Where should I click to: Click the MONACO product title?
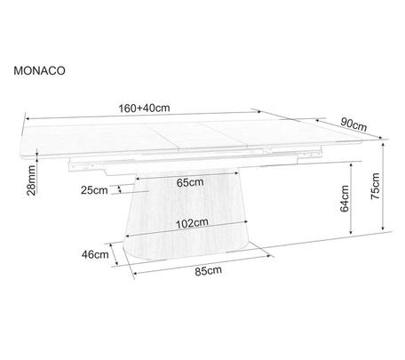click(x=39, y=71)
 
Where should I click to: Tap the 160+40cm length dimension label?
click(x=144, y=108)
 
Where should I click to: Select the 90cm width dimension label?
click(x=353, y=124)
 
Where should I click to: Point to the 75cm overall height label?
click(x=375, y=186)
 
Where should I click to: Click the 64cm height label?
click(x=345, y=198)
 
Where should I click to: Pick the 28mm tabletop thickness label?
click(x=31, y=180)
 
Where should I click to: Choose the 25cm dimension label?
click(x=94, y=190)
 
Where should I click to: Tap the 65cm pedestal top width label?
click(x=190, y=182)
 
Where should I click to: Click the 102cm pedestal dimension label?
click(x=192, y=223)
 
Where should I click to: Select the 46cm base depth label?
click(x=95, y=254)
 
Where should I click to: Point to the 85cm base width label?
click(x=208, y=270)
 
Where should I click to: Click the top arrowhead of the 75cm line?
click(x=384, y=145)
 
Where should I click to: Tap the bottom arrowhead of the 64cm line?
click(x=351, y=232)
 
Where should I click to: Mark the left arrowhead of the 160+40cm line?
click(x=28, y=119)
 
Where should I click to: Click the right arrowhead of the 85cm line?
click(x=269, y=256)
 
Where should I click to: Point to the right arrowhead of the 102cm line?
click(x=245, y=221)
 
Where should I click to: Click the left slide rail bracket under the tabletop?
click(x=88, y=165)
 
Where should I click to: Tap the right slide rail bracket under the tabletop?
click(x=310, y=155)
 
